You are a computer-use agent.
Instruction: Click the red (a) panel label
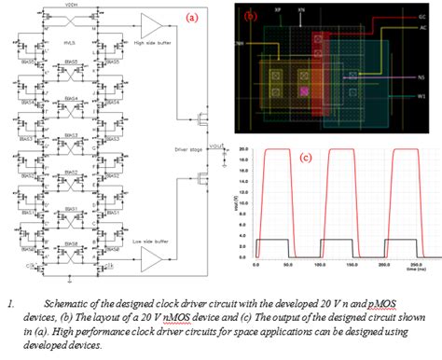[x=192, y=16]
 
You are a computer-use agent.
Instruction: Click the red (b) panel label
[x=250, y=16]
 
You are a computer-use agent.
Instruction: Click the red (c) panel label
[x=304, y=158]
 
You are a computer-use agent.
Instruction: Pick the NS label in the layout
[x=421, y=78]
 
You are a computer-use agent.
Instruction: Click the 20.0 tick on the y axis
[x=242, y=149]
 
